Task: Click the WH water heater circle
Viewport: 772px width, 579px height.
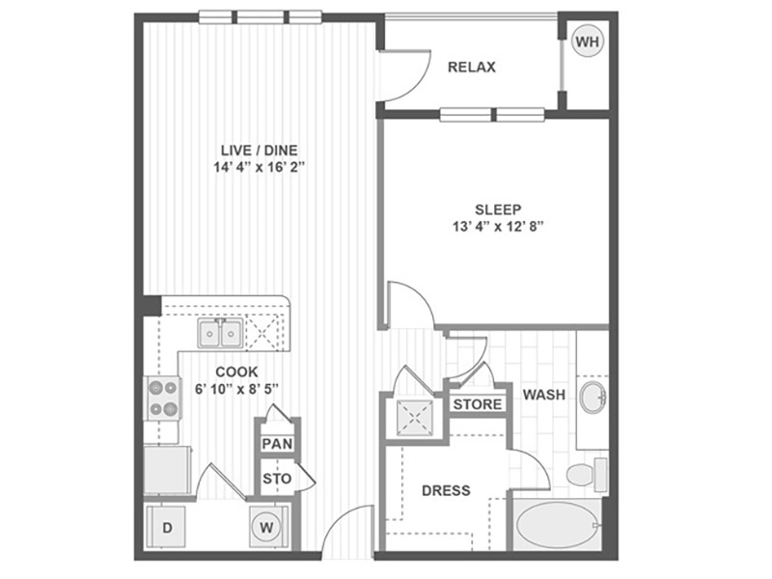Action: pyautogui.click(x=588, y=41)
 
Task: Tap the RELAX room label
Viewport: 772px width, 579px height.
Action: pyautogui.click(x=471, y=67)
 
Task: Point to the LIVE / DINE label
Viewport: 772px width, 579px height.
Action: pyautogui.click(x=259, y=151)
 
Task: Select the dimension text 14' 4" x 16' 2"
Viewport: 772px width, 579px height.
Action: pyautogui.click(x=259, y=167)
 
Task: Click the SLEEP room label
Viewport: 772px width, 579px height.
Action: pyautogui.click(x=498, y=209)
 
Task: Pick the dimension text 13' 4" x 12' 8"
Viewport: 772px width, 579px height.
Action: pyautogui.click(x=498, y=227)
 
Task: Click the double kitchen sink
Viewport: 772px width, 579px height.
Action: pyautogui.click(x=220, y=333)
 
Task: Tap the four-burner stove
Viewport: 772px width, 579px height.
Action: pyautogui.click(x=163, y=399)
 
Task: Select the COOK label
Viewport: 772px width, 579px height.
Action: pyautogui.click(x=236, y=372)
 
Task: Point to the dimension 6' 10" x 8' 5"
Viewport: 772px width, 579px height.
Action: pyautogui.click(x=236, y=389)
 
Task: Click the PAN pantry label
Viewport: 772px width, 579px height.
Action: pyautogui.click(x=277, y=444)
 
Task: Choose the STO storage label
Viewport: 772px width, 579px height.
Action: pyautogui.click(x=277, y=479)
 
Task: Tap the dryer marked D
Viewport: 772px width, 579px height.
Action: pyautogui.click(x=166, y=527)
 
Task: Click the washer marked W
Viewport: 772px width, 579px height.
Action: pyautogui.click(x=266, y=527)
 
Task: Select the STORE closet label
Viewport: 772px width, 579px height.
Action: pyautogui.click(x=478, y=404)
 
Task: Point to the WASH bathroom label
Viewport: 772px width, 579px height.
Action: pyautogui.click(x=544, y=395)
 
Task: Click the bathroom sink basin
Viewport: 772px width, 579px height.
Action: pyautogui.click(x=593, y=396)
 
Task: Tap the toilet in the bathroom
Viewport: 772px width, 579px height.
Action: pyautogui.click(x=587, y=474)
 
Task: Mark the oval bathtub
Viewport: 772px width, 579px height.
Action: pyautogui.click(x=558, y=525)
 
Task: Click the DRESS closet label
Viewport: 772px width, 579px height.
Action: pyautogui.click(x=446, y=490)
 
